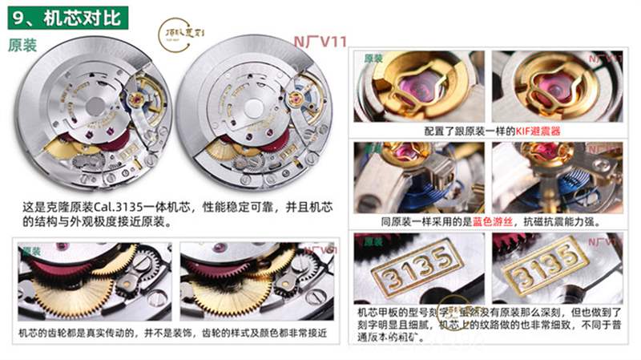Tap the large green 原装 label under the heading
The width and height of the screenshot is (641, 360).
point(22,46)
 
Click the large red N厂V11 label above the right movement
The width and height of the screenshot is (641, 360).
point(319,41)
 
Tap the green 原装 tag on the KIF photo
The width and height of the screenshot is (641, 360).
point(373,59)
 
